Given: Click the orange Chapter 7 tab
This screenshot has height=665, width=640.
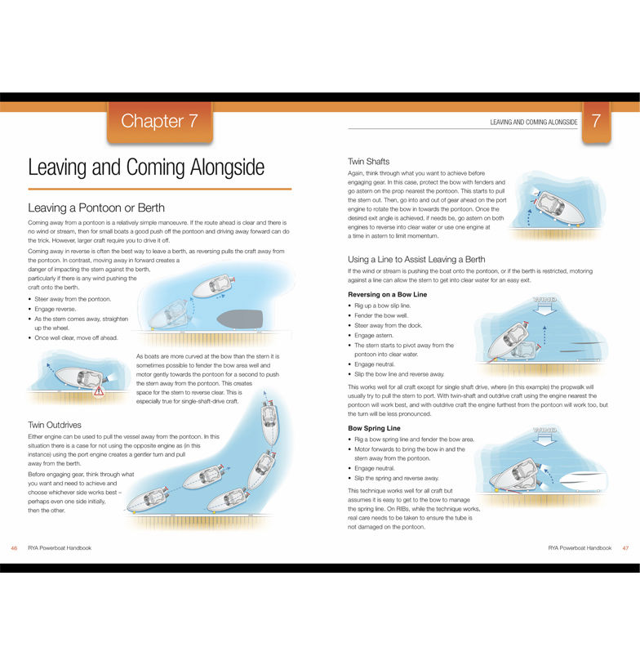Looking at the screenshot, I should point(159,122).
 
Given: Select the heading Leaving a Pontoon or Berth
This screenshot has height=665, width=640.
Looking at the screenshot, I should point(96,208).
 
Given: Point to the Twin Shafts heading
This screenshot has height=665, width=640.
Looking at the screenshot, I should point(369,162).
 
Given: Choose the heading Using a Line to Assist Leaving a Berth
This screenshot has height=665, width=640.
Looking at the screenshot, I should point(416,259).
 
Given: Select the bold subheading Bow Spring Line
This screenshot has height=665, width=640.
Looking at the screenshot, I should point(374,427).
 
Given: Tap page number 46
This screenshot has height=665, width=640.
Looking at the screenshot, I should point(14,547).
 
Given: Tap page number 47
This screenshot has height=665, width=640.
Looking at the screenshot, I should point(625,547).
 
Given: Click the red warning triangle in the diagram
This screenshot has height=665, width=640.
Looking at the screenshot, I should point(99,391).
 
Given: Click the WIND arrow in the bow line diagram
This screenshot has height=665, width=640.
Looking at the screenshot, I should point(543,301).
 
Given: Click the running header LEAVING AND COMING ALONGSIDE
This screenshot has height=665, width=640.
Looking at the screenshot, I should point(533,122).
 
